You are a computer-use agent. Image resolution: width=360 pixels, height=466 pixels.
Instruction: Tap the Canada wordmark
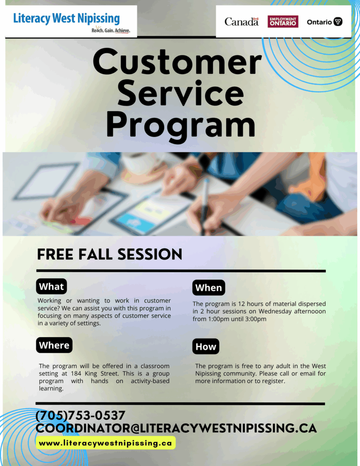coord(241,22)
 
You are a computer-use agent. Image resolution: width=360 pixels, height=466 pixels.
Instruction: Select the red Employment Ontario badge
coord(283,22)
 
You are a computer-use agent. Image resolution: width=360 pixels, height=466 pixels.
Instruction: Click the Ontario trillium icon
coord(338,22)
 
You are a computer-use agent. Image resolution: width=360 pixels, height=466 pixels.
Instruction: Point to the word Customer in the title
coord(177,62)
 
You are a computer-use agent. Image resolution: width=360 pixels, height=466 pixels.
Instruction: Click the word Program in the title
coord(181,125)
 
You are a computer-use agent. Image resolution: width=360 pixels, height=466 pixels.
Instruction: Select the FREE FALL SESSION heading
coord(109,255)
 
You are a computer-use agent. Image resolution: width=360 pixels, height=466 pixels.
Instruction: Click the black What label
coord(51,287)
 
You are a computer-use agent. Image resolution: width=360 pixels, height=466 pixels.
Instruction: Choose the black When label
coord(209,288)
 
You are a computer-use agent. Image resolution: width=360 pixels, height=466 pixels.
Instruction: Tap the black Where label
coord(54,345)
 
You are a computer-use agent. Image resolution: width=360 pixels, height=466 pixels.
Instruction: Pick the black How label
coord(206,346)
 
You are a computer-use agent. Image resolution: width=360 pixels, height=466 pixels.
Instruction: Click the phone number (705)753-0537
coord(80,415)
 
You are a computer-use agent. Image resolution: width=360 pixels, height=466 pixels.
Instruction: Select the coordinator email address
coord(176,428)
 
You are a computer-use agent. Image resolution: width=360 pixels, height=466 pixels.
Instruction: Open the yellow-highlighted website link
coord(106,443)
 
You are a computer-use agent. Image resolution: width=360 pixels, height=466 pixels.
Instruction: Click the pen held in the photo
coord(205,206)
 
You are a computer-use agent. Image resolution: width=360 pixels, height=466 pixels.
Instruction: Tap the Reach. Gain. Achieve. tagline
coord(111,30)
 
